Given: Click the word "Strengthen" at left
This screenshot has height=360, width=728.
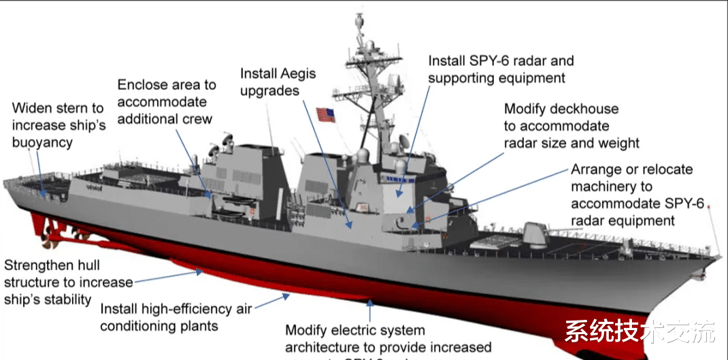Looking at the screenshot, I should (40, 265).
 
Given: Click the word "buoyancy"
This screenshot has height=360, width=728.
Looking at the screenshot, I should (43, 142).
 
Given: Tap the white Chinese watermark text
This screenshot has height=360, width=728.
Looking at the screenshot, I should (640, 333).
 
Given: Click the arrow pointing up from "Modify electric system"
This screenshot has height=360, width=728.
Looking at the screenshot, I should (370, 310).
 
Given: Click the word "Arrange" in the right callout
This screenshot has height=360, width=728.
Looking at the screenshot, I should (597, 169).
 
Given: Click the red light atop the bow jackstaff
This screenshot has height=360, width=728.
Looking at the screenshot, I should (710, 205).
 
